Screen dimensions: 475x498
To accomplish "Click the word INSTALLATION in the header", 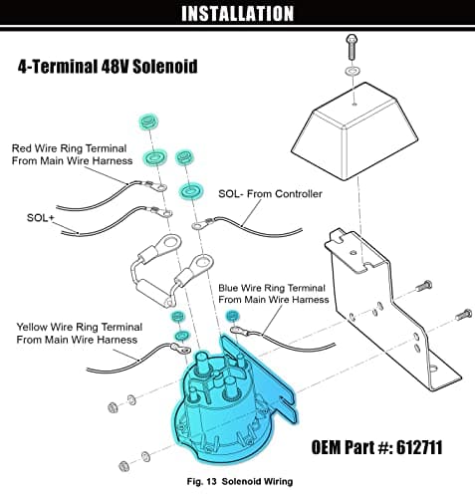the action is click(237, 13).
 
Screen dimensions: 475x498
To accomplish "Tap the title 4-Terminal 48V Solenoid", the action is click(108, 67).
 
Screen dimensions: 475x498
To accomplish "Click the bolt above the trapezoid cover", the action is click(352, 47).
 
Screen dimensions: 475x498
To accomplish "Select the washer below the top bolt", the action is click(354, 72).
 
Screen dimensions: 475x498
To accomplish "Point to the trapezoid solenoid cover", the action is click(355, 131).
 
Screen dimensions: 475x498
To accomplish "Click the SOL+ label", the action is click(40, 218).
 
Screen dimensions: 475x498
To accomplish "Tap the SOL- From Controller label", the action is click(270, 193).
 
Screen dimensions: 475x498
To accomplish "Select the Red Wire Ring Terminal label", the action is click(72, 154).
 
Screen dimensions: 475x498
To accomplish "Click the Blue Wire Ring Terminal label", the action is click(274, 294).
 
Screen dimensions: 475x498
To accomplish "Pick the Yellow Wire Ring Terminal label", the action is click(80, 333).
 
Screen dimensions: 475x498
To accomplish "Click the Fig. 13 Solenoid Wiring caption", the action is click(240, 481).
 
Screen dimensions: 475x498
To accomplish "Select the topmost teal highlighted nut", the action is click(148, 122).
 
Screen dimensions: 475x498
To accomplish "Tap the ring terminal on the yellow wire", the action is click(181, 349).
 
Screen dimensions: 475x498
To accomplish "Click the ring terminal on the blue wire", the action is click(238, 331).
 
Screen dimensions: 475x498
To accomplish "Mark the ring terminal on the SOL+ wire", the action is click(162, 212).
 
